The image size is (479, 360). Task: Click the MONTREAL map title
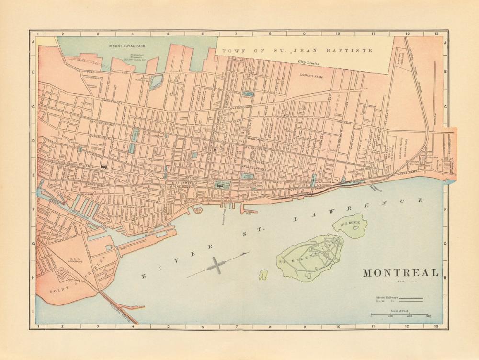tap(400, 273)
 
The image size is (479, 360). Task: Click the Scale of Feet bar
tap(399, 314)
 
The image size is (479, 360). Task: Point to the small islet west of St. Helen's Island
tap(263, 275)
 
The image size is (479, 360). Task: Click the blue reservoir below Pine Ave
tap(156, 81)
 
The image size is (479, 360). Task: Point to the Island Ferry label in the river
tap(223, 217)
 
